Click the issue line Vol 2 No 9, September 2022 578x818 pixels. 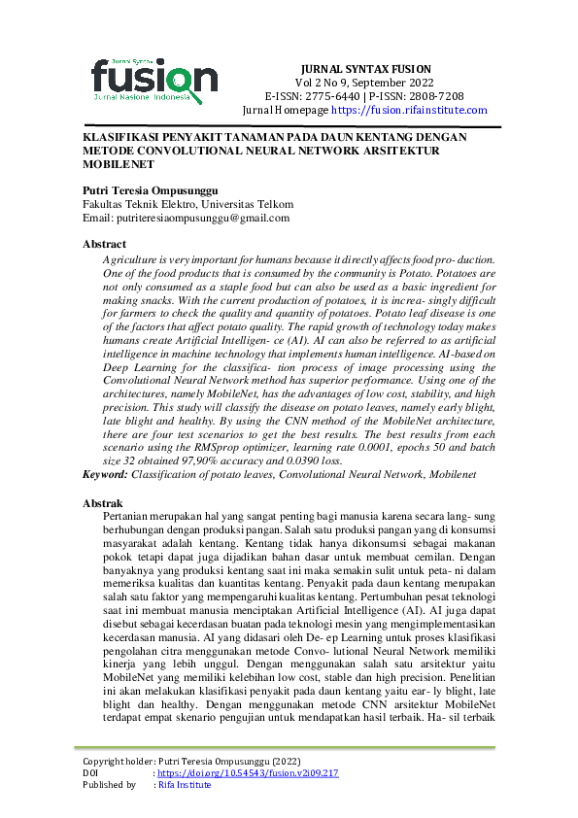365,84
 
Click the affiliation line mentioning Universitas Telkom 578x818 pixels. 187,205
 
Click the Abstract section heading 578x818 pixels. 104,244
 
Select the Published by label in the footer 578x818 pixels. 109,784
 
